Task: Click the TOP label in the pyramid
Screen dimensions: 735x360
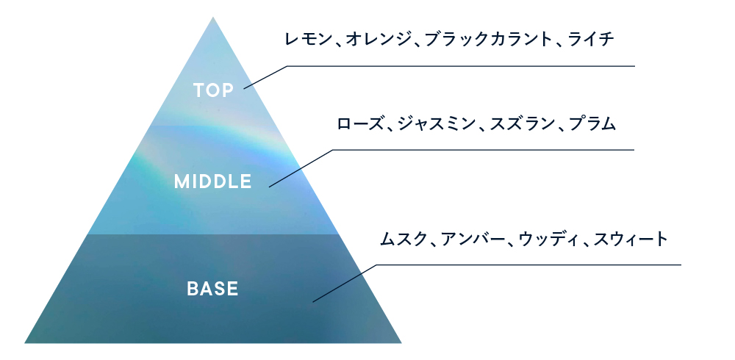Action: pos(213,90)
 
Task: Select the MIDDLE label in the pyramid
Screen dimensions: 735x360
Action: pos(213,181)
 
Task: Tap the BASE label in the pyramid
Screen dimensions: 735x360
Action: pos(213,289)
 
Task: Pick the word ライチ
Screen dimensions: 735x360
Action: pos(591,38)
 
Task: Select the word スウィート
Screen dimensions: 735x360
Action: pos(631,239)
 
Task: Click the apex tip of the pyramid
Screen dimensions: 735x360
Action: pos(213,15)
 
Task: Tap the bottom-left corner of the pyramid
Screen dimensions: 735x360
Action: pos(25,342)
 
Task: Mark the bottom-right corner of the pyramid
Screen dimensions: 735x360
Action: pos(401,342)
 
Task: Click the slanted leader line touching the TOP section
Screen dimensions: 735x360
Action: pos(265,77)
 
